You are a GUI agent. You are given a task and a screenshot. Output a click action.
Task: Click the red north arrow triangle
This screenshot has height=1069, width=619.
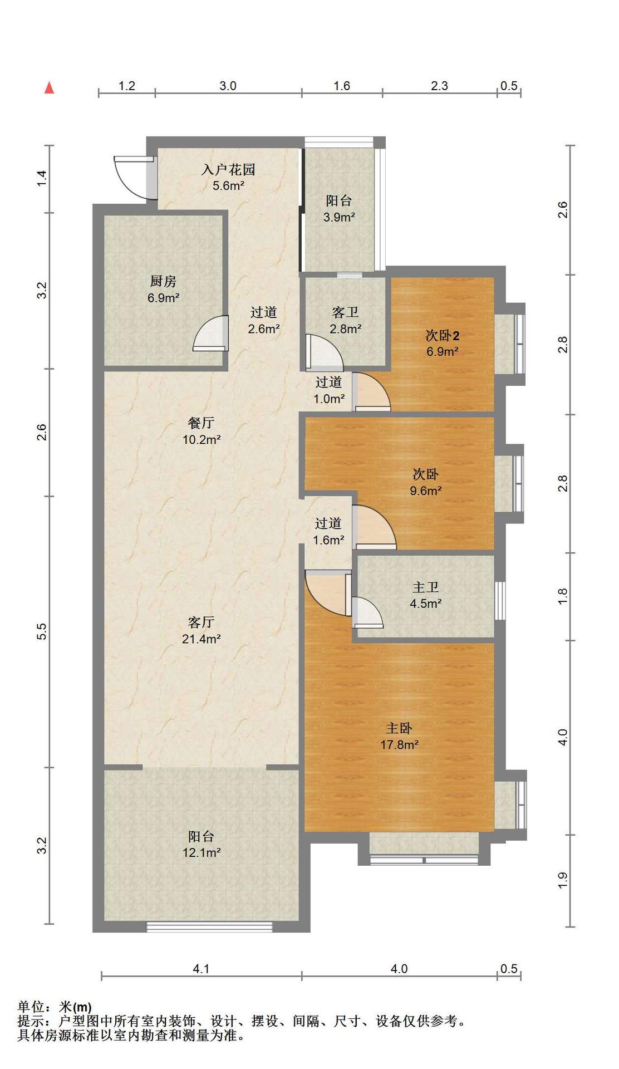[x=50, y=88]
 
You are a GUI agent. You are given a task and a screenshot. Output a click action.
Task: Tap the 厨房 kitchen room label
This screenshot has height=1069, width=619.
[x=163, y=281]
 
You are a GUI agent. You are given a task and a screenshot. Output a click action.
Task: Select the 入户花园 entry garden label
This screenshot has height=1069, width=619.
[x=228, y=169]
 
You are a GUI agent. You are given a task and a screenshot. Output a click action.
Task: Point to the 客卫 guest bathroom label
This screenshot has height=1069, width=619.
[x=345, y=313]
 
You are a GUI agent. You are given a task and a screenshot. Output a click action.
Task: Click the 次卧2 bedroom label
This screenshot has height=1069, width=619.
[x=443, y=336]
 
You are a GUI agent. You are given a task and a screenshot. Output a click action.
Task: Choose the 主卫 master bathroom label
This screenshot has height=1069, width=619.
[x=426, y=587]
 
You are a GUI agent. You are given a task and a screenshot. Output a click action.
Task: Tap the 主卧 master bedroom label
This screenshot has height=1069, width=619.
[x=399, y=728]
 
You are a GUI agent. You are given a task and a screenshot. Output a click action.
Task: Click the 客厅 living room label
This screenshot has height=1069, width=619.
[x=202, y=622]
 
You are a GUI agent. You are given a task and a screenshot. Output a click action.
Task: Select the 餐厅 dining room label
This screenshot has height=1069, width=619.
[x=202, y=423]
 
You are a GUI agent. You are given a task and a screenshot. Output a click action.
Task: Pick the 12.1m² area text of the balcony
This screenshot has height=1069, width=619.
[x=202, y=852]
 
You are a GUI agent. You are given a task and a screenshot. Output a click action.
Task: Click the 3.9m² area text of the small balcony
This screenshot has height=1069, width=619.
[x=340, y=217]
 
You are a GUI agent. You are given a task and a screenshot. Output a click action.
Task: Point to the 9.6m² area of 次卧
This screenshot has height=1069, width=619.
[x=426, y=491]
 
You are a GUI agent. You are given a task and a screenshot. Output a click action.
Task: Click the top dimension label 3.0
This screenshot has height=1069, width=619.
[x=228, y=86]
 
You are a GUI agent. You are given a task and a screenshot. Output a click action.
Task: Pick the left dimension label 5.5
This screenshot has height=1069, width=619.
[x=41, y=631]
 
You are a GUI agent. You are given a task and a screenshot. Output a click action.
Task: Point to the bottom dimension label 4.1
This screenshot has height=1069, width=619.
[x=201, y=969]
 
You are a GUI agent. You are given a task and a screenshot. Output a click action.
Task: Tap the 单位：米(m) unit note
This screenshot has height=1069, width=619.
[x=55, y=1007]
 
